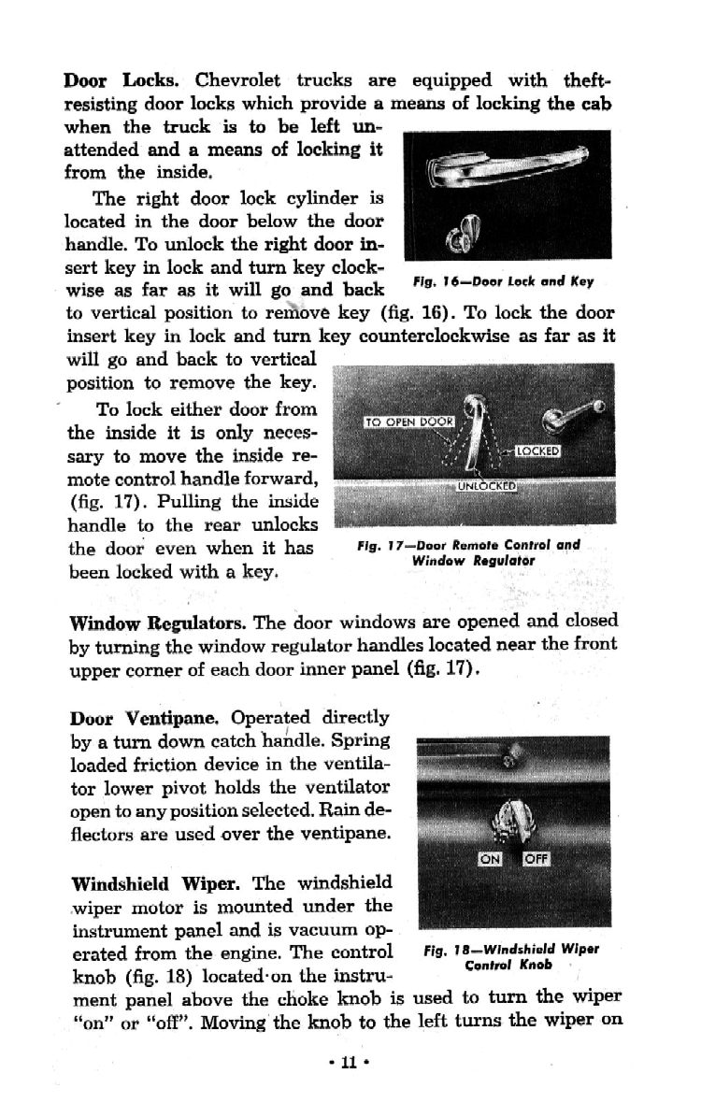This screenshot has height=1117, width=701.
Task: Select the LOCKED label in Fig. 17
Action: point(537,451)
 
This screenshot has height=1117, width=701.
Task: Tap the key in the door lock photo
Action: point(464,234)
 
